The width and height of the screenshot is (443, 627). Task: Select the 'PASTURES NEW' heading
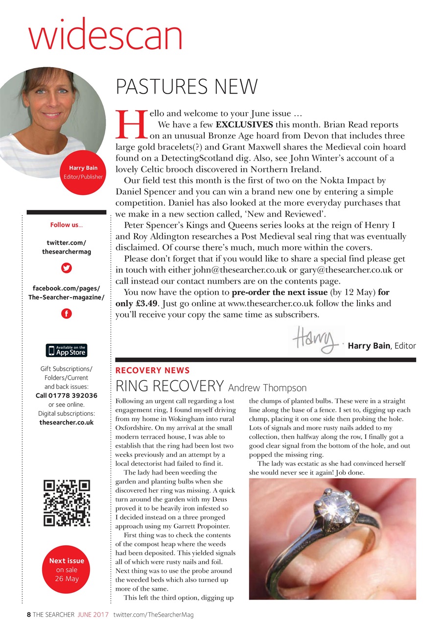(x=187, y=87)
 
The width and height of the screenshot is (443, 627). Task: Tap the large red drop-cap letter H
(x=131, y=124)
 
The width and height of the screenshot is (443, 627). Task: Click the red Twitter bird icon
(x=66, y=268)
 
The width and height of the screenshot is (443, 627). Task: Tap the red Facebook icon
(x=66, y=313)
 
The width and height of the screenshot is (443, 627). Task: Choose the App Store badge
(x=67, y=350)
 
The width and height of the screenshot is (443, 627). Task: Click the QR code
(x=67, y=504)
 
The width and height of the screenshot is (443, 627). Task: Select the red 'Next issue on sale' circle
(x=67, y=569)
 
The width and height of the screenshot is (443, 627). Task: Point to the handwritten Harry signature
(x=316, y=339)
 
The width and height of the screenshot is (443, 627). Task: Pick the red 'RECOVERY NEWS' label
(x=152, y=371)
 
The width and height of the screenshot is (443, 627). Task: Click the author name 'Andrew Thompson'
(x=267, y=388)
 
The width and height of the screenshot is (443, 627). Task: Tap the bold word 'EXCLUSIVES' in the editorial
(x=244, y=124)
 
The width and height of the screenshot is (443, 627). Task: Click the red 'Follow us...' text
(x=67, y=225)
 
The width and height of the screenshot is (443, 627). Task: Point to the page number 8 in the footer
(x=29, y=615)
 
